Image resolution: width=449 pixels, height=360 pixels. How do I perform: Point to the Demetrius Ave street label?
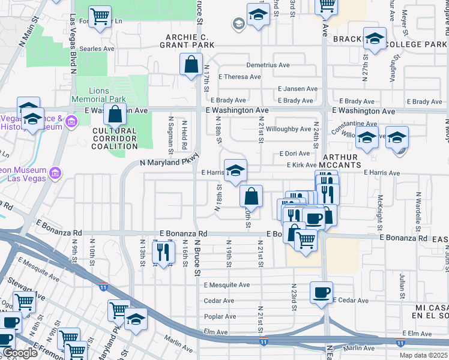coord(268,65)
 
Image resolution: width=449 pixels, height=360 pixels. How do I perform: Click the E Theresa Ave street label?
coord(240,77)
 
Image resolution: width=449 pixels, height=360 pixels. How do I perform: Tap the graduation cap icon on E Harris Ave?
coord(235,170)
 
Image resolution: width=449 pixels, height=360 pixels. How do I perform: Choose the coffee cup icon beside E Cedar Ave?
coord(321,293)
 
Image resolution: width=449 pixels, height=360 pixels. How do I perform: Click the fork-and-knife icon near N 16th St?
coord(163,252)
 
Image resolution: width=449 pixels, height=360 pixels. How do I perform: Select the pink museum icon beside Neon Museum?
coord(55,174)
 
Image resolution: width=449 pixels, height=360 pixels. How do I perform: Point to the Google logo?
coord(20,353)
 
